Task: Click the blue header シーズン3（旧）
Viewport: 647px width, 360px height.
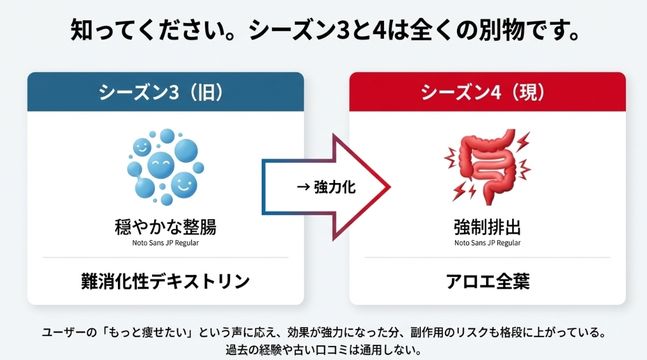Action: point(165,92)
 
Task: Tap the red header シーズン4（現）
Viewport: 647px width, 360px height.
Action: point(487,92)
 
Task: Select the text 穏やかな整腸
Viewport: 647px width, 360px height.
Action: point(165,226)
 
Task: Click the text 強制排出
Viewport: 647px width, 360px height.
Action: point(487,226)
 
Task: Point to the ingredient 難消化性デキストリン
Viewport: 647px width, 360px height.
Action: point(165,281)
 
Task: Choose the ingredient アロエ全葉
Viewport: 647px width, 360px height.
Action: point(487,281)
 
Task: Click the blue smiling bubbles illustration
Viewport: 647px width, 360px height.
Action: point(163,166)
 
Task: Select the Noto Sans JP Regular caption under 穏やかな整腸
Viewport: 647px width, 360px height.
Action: point(165,242)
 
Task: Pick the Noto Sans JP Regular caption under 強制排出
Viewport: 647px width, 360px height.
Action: point(487,242)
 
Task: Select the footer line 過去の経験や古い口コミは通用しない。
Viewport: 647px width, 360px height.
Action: point(324,349)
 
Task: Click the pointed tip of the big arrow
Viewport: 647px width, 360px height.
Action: point(388,188)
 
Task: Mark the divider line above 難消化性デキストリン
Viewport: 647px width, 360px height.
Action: point(165,257)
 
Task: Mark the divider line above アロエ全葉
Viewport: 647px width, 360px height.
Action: point(487,257)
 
